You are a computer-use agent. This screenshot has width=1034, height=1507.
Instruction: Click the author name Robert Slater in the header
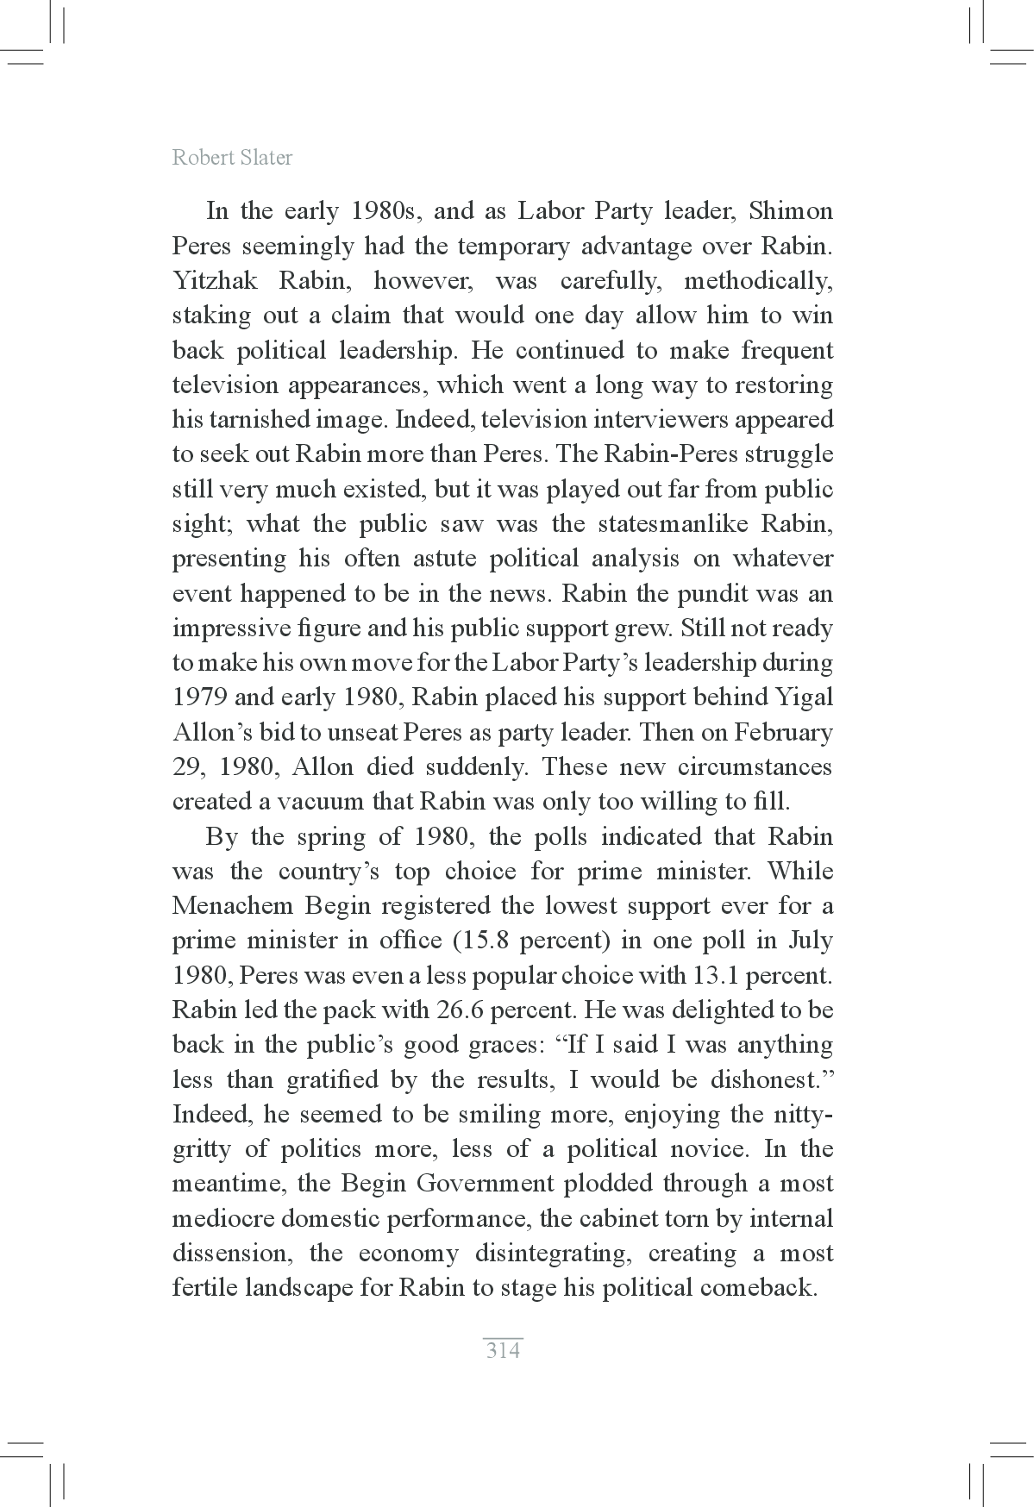[232, 158]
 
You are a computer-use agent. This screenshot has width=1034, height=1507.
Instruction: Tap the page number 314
[504, 1350]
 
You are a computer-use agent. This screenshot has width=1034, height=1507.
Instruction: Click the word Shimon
[791, 211]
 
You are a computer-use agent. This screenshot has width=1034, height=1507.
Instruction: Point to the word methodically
[758, 281]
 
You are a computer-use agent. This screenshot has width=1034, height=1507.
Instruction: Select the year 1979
[200, 697]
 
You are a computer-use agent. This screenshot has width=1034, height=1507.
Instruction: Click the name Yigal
[804, 697]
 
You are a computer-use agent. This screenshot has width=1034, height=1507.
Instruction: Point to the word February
[783, 733]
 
